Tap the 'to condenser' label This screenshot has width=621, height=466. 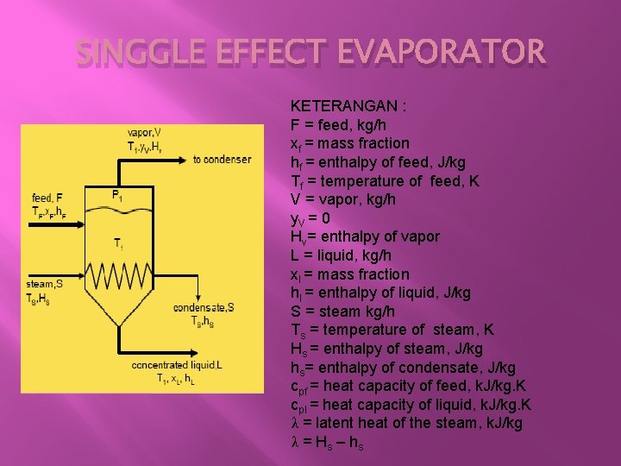(222, 159)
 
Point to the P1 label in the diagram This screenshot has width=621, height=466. (117, 195)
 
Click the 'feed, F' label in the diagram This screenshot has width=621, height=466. (47, 198)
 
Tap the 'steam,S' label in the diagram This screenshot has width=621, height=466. (44, 284)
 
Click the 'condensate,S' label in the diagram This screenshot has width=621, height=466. (204, 307)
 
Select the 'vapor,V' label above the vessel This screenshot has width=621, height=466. (143, 132)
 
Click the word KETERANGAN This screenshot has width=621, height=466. (348, 105)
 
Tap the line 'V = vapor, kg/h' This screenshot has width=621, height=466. (343, 198)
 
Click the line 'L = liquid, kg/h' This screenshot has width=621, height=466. (342, 255)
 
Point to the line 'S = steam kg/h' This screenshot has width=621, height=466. (342, 312)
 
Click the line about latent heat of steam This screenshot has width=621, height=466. (406, 423)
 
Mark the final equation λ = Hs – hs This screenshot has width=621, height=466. (327, 442)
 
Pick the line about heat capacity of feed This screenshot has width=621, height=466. (409, 386)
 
